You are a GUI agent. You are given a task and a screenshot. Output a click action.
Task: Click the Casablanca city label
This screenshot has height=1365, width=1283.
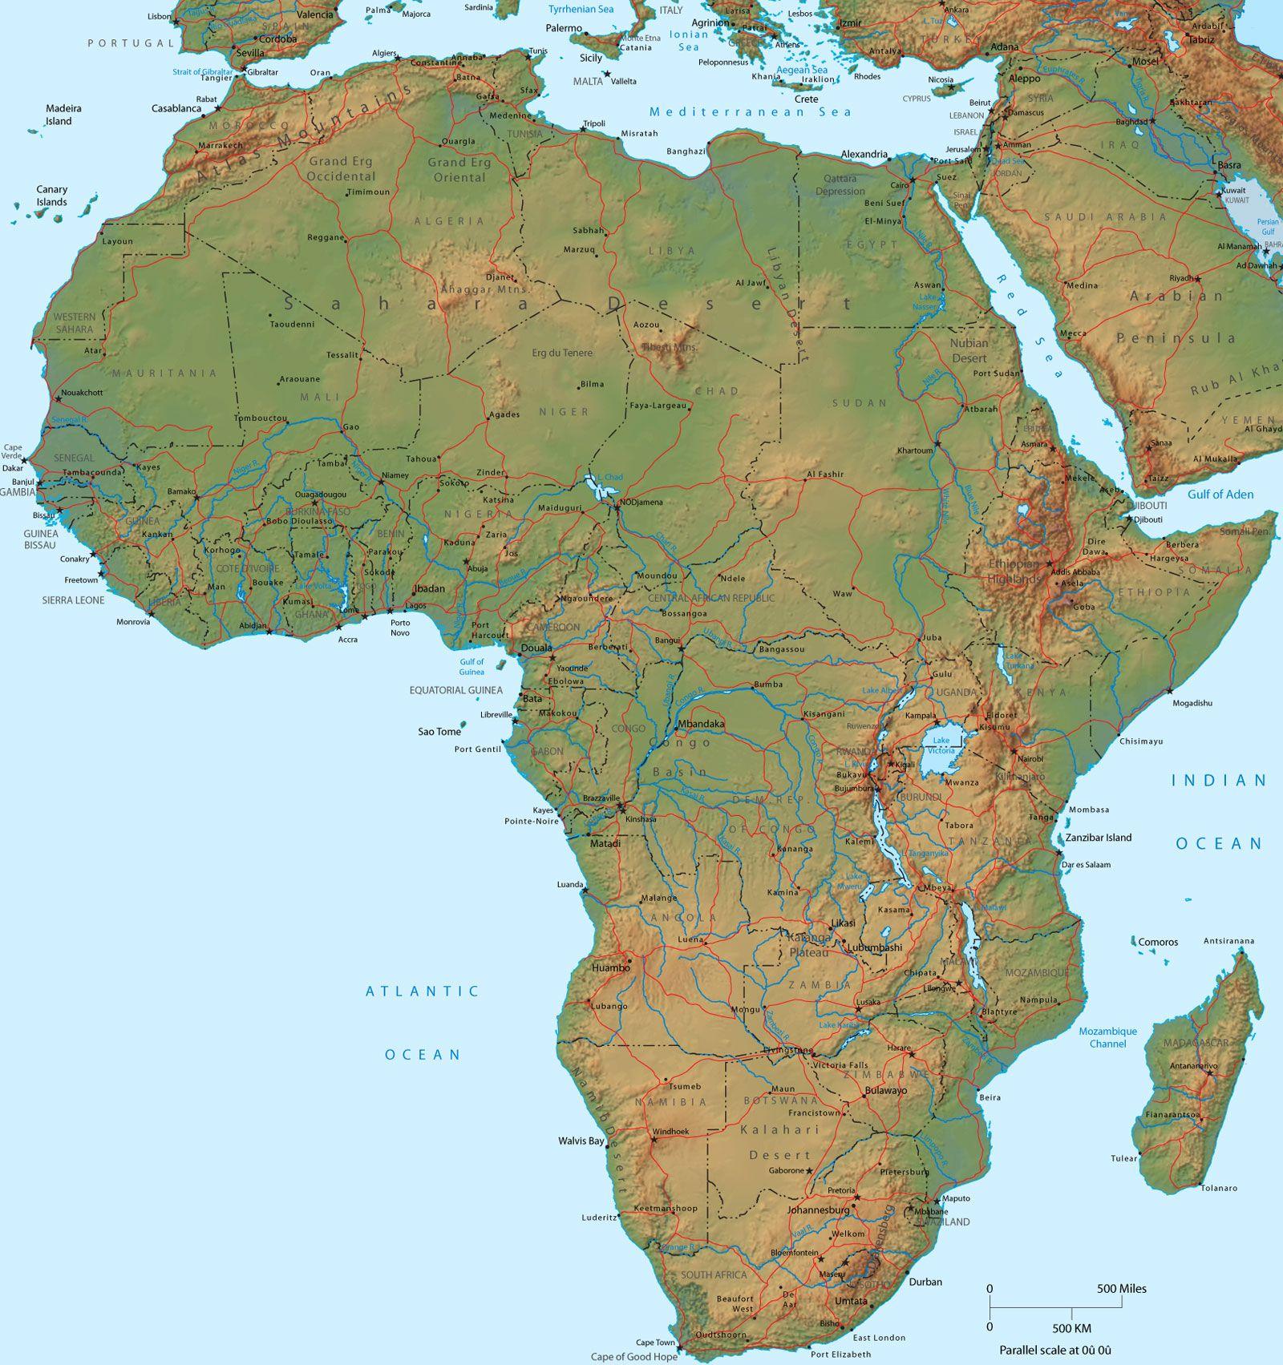pos(176,108)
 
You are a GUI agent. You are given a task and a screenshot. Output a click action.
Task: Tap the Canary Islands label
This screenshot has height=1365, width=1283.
pos(51,196)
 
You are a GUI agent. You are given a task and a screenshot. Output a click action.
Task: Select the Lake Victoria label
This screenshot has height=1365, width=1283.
pos(941,745)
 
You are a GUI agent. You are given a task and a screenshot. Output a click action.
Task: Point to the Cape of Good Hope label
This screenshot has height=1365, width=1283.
pos(634,1357)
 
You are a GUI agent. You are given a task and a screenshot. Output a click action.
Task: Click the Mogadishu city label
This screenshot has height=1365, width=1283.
pos(1192,703)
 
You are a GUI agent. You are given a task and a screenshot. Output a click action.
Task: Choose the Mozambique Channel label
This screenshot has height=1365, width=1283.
pos(1107,1037)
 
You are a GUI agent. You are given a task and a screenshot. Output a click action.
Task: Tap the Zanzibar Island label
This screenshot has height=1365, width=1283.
pos(1099,838)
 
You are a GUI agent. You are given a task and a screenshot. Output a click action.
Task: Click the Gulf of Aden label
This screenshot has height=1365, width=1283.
pos(1220,495)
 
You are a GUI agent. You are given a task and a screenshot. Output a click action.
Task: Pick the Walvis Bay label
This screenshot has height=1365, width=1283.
pos(581,1141)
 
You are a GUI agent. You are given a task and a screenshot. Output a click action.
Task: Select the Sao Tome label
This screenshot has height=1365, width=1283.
pos(439,732)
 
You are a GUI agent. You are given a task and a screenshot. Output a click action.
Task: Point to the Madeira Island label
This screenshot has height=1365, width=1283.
pos(63,115)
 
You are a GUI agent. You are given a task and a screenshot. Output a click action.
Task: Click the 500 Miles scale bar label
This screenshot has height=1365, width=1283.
pos(1122,1289)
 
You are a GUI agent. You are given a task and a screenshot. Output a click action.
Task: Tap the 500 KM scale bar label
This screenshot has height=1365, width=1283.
pos(1071,1328)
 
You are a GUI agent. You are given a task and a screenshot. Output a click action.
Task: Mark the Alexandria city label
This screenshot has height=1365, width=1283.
pos(864,154)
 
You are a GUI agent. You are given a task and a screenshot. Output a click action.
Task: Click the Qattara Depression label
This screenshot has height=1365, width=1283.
pos(840,185)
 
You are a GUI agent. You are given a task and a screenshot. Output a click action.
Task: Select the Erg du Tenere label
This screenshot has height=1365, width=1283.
pos(562,353)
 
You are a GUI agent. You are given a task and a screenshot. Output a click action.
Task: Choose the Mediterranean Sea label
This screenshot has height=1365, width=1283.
pos(751,112)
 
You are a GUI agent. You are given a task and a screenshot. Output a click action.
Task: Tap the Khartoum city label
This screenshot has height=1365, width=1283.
pos(915,450)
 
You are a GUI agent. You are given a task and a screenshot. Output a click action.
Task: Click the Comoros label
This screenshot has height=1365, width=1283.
pos(1158,942)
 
